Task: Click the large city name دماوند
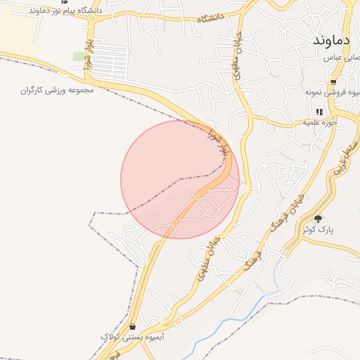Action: tap(332, 39)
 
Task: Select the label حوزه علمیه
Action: tap(321, 122)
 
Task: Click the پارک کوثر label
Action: tap(318, 229)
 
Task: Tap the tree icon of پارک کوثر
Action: tap(317, 219)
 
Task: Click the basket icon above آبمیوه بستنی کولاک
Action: tap(133, 326)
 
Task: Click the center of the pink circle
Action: tap(180, 179)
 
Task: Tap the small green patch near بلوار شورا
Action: tap(77, 56)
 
